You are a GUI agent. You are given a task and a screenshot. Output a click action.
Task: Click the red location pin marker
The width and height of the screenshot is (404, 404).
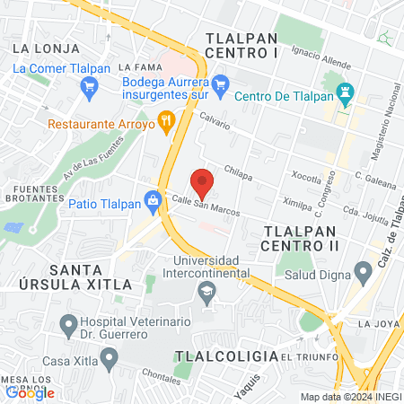pyautogui.click(x=203, y=182)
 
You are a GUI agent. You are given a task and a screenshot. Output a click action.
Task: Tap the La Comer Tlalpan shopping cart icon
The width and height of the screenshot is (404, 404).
pyautogui.click(x=88, y=86)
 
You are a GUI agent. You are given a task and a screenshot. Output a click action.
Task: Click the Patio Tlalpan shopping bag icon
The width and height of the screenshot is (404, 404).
pyautogui.click(x=153, y=199)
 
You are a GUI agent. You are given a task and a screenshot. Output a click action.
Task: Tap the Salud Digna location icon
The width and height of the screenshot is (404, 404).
pyautogui.click(x=364, y=270)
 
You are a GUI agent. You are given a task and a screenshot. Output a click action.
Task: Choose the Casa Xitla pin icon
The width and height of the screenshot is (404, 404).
pyautogui.click(x=109, y=361)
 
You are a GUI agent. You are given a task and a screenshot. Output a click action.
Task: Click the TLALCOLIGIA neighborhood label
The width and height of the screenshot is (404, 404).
pyautogui.click(x=226, y=356)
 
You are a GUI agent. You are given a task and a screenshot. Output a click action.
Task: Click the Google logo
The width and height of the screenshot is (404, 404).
pyautogui.click(x=30, y=392)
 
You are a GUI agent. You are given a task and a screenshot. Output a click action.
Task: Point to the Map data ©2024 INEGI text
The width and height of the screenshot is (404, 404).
pyautogui.click(x=350, y=397)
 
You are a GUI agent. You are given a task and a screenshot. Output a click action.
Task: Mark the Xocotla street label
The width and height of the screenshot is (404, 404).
pyautogui.click(x=307, y=175)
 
